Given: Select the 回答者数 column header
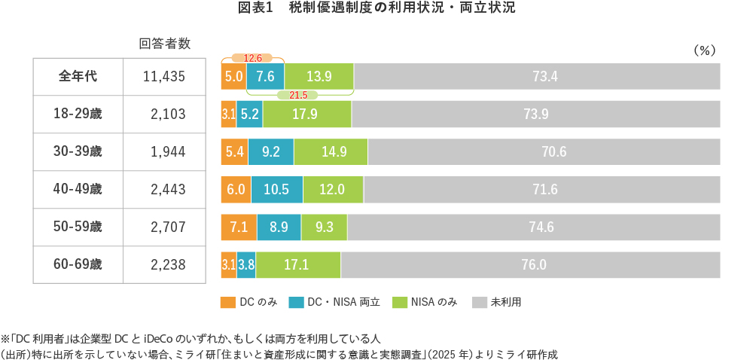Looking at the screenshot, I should [164, 44].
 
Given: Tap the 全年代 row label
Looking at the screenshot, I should [78, 76].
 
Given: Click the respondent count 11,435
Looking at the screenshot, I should [164, 76].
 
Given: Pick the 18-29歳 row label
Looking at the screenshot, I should [78, 114].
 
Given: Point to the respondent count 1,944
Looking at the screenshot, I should [167, 151].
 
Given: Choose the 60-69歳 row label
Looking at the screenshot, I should [78, 264].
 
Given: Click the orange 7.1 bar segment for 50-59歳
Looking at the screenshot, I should [239, 227].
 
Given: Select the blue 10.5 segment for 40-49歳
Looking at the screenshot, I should [277, 189].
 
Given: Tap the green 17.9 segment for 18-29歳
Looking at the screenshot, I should [307, 114].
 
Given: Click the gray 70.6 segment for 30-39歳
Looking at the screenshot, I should [544, 151].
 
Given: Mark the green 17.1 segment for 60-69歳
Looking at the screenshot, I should [298, 264].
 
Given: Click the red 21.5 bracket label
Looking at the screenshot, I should [298, 95].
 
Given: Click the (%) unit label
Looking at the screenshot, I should [702, 50].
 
